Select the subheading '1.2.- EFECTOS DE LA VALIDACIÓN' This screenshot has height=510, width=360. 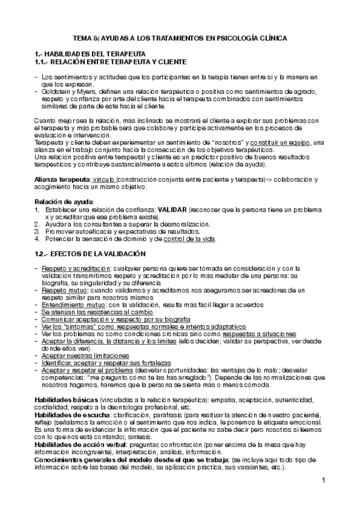91,254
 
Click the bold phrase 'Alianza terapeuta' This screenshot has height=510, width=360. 62,180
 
